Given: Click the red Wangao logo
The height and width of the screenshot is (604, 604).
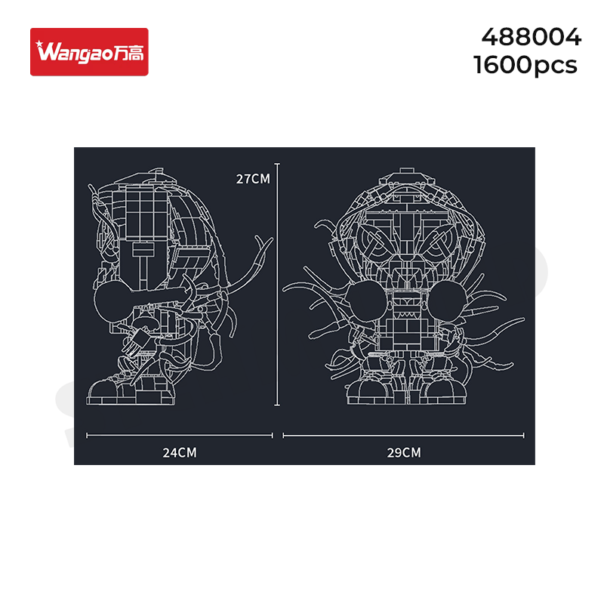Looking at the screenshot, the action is [x=89, y=51].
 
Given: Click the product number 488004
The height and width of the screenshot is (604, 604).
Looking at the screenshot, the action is [x=531, y=37].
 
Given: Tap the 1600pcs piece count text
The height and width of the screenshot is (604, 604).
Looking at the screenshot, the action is [x=525, y=65].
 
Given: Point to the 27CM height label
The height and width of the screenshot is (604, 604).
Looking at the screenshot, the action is [x=253, y=179].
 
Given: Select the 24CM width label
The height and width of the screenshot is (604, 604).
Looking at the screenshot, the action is [x=180, y=452].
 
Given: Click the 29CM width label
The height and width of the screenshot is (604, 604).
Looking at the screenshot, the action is [x=404, y=452].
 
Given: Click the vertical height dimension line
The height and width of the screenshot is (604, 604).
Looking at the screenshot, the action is [x=277, y=285].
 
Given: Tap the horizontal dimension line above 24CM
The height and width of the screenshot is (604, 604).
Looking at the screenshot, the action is [x=180, y=436].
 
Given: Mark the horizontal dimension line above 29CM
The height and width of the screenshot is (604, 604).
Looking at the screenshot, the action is [x=403, y=436].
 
